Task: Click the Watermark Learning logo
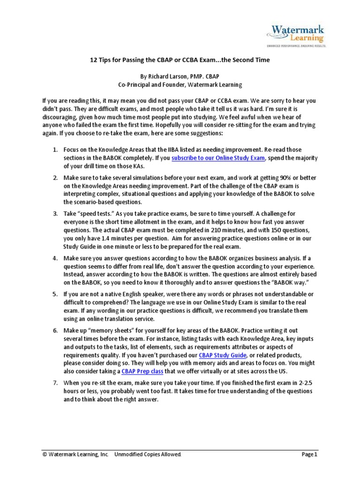[296, 34]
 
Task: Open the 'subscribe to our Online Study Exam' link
[218, 158]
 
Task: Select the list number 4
[54, 259]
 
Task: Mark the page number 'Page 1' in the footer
[309, 454]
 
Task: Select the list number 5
[54, 294]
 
